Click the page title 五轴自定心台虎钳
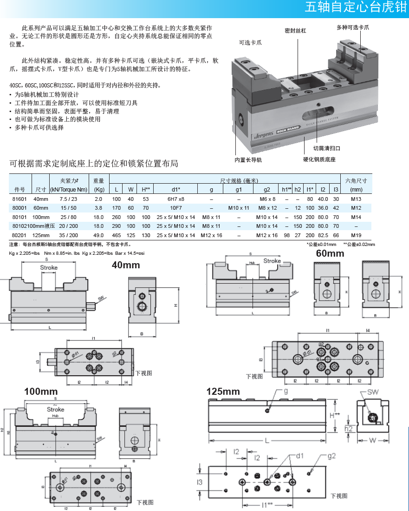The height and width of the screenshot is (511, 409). pyautogui.click(x=355, y=8)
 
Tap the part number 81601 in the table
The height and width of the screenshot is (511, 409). pyautogui.click(x=19, y=199)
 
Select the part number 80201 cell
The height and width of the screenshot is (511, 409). pyautogui.click(x=19, y=235)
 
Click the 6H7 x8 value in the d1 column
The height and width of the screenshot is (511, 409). pyautogui.click(x=175, y=199)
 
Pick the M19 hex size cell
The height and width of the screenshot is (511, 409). pyautogui.click(x=356, y=235)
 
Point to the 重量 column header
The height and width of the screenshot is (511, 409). pyautogui.click(x=98, y=180)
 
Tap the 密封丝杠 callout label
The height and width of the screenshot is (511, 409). pyautogui.click(x=295, y=31)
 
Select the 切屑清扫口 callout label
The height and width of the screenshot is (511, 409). pyautogui.click(x=326, y=148)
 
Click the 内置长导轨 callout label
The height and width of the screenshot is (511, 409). pyautogui.click(x=248, y=160)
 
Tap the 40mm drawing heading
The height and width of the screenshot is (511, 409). pyautogui.click(x=125, y=265)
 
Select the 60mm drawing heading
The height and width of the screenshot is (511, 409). pyautogui.click(x=330, y=253)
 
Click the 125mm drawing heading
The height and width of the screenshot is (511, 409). pyautogui.click(x=223, y=392)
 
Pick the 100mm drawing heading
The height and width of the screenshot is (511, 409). pyautogui.click(x=41, y=392)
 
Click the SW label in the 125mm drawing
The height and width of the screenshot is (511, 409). pyautogui.click(x=373, y=392)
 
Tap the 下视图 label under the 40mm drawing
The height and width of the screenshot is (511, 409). pyautogui.click(x=144, y=373)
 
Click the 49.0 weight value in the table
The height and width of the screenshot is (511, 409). pyautogui.click(x=98, y=235)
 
